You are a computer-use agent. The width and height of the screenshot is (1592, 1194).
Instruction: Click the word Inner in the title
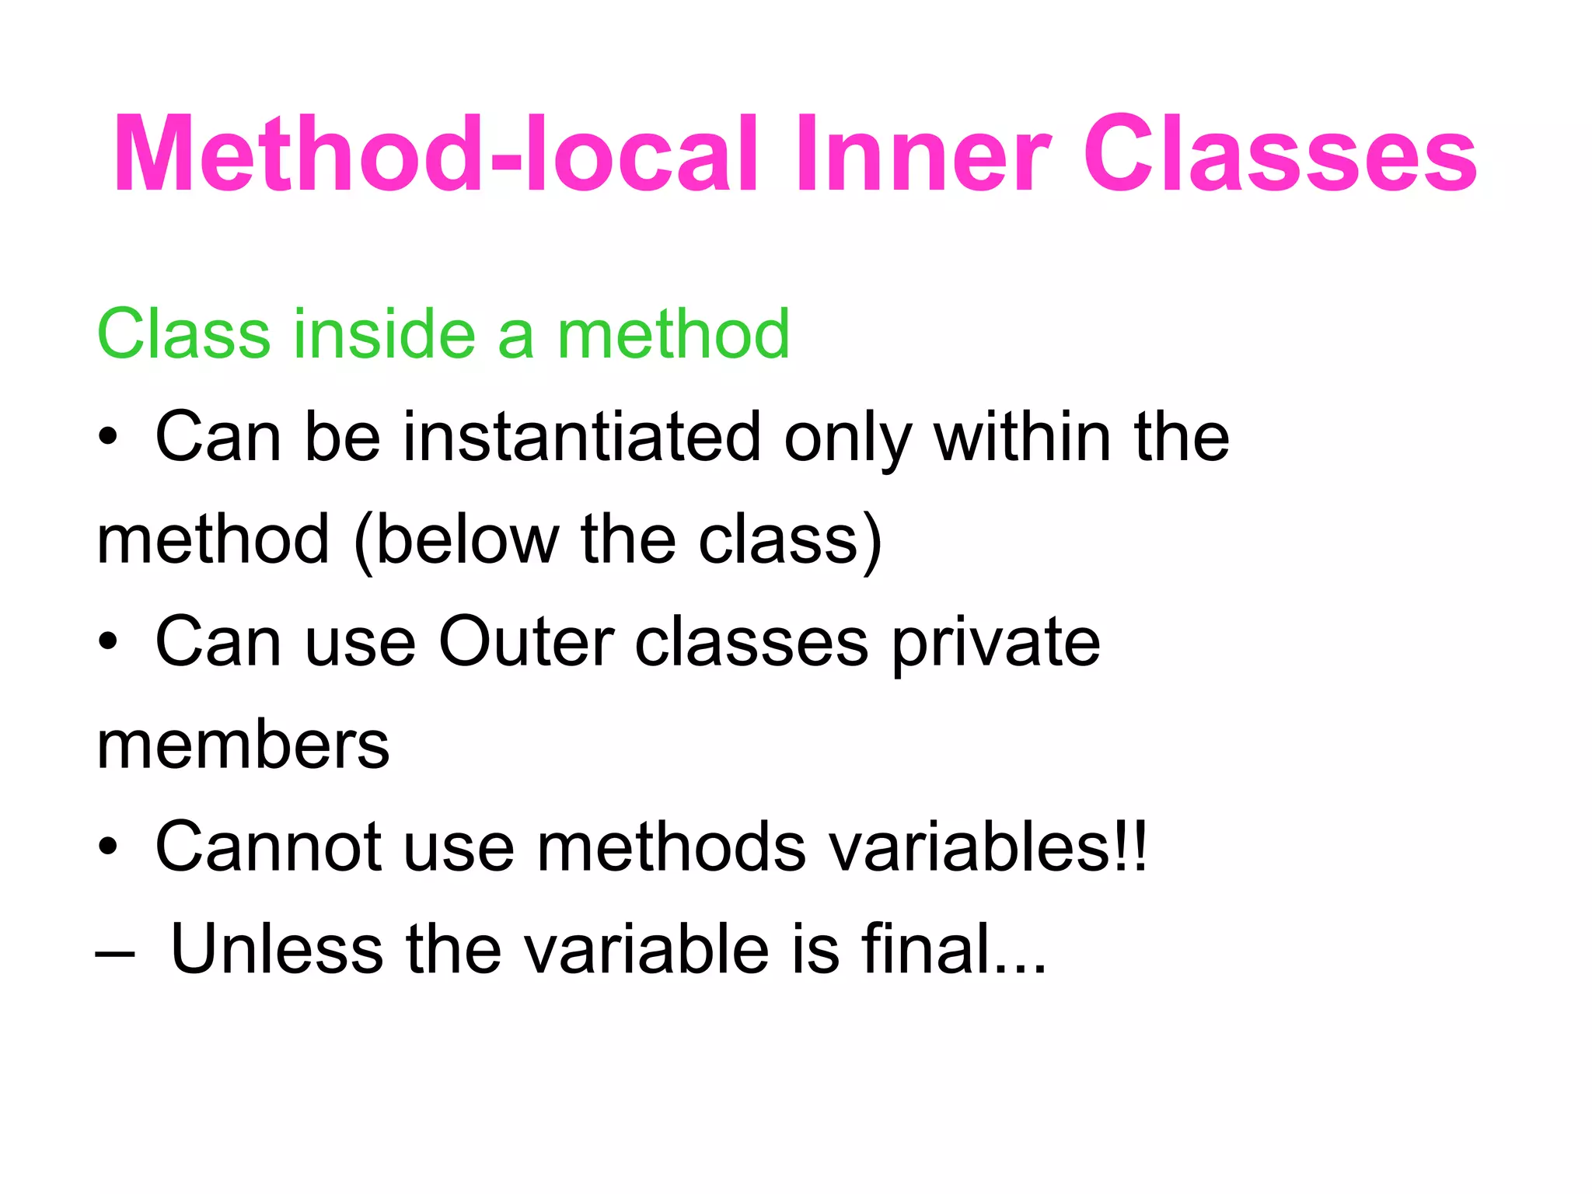click(923, 153)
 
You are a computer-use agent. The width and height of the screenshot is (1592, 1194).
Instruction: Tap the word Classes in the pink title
click(1280, 153)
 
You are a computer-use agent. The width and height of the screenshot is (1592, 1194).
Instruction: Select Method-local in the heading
click(435, 153)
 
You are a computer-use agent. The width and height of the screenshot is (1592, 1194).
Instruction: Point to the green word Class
click(183, 334)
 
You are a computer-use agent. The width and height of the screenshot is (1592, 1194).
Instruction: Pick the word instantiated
click(581, 437)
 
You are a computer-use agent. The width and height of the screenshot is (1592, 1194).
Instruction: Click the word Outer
click(526, 642)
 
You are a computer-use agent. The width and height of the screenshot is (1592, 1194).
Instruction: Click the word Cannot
click(268, 847)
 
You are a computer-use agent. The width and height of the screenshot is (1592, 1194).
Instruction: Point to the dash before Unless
click(114, 953)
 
